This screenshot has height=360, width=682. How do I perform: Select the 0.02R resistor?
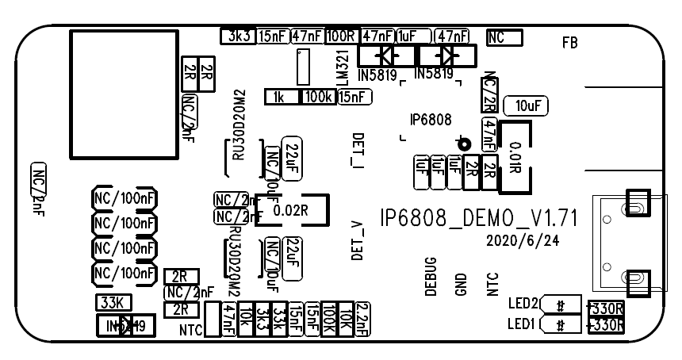pyautogui.click(x=289, y=210)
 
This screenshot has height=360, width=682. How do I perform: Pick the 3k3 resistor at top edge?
pyautogui.click(x=238, y=36)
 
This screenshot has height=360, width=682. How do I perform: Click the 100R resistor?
pyautogui.click(x=342, y=36)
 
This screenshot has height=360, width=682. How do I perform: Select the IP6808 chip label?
pyautogui.click(x=431, y=121)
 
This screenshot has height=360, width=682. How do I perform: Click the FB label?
pyautogui.click(x=569, y=43)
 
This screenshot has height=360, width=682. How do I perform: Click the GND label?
pyautogui.click(x=462, y=283)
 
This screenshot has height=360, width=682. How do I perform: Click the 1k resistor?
pyautogui.click(x=278, y=97)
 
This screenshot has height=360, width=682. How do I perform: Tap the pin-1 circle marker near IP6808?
pyautogui.click(x=463, y=144)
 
